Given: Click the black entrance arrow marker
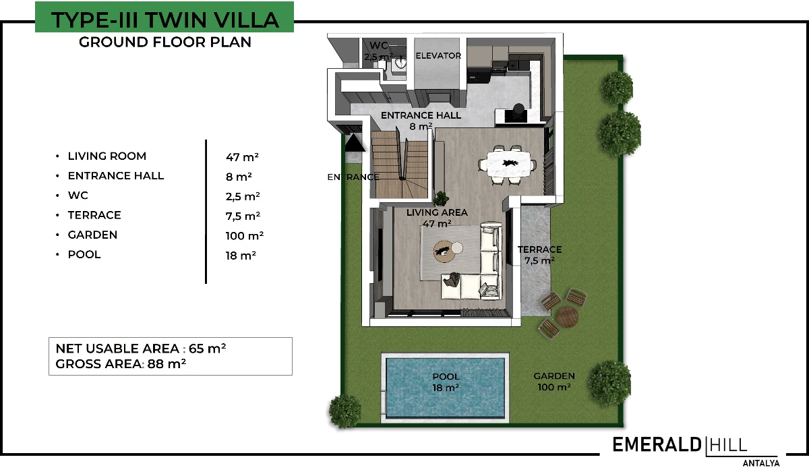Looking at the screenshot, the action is (x=355, y=143).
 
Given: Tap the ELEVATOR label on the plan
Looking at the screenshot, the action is (x=438, y=56).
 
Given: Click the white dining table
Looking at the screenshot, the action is (x=509, y=164).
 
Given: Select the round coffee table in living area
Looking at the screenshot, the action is (x=444, y=251).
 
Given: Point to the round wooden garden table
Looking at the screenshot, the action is (x=568, y=316).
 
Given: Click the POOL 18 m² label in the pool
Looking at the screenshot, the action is (x=446, y=382).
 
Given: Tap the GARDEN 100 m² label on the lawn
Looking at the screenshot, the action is (x=554, y=382).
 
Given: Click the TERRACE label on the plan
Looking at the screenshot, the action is (x=539, y=249).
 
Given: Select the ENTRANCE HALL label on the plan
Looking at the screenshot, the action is (x=421, y=115).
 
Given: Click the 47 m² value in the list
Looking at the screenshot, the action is (x=242, y=157).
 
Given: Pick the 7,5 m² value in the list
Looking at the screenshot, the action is (x=243, y=216).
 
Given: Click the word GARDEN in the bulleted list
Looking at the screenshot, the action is (x=92, y=235).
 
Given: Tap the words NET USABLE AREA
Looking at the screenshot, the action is (x=117, y=349).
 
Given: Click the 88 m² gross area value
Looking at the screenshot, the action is (x=167, y=364).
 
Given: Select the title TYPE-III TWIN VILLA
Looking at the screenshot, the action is (x=164, y=20).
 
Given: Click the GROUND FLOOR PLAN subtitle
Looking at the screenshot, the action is (x=165, y=42).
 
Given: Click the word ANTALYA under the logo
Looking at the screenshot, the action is (x=761, y=463).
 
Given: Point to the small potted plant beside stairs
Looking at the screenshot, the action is (x=441, y=198).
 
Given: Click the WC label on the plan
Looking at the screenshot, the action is (x=378, y=46).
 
